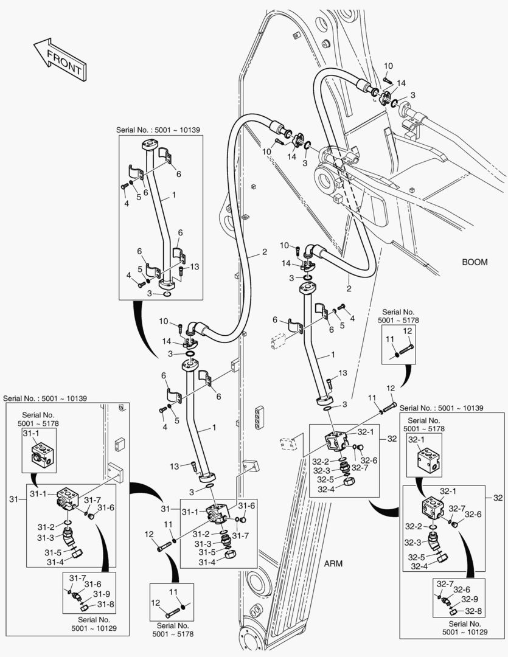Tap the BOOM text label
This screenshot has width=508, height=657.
(x=475, y=262)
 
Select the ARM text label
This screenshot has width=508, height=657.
(x=333, y=563)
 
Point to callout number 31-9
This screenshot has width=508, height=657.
(x=102, y=594)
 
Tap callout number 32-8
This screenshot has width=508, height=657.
(x=473, y=611)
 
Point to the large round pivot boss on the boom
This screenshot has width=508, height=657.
(x=325, y=179)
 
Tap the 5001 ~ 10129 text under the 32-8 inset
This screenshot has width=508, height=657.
(x=465, y=632)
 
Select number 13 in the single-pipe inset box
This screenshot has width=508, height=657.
(x=194, y=266)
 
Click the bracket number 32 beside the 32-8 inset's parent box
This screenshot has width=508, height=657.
(x=498, y=498)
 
